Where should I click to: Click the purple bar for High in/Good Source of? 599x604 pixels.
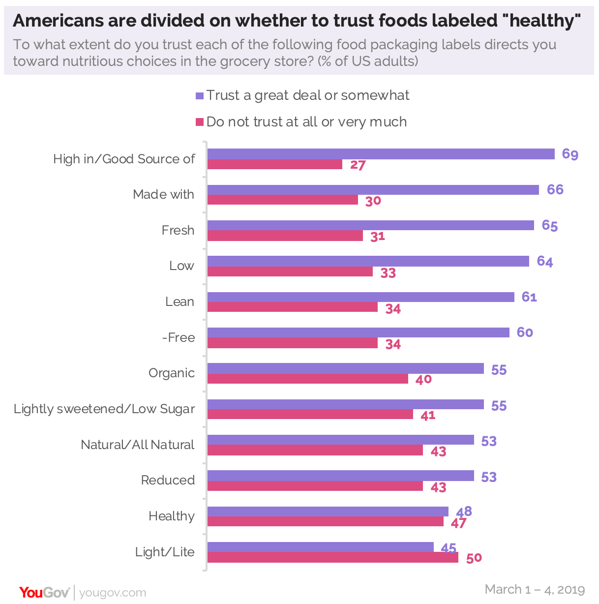coord(381,154)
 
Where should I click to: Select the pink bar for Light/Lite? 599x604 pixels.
coord(332,557)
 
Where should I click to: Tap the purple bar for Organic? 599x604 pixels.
coord(345,368)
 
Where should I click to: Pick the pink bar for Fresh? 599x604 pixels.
coord(285,236)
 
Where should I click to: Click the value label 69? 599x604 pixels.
coord(570,154)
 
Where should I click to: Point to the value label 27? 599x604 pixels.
coord(358,165)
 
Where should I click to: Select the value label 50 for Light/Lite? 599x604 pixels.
coord(474,558)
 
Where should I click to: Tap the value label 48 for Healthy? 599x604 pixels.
coord(464,512)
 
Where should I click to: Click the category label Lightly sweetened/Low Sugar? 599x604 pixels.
coord(104,409)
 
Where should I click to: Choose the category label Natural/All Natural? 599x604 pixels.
coord(138,445)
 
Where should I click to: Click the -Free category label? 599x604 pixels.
coord(179,338)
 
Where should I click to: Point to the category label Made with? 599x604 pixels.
coord(163,195)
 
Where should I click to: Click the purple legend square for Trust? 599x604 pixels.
coord(199,96)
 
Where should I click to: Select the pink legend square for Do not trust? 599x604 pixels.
coord(199,122)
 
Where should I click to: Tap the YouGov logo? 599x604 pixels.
coord(44,593)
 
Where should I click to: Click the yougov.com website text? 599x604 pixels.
coord(113,593)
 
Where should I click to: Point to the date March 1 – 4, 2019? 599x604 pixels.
coord(535,589)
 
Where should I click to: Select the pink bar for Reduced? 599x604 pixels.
coord(315,486)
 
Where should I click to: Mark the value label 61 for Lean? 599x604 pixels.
coord(529,297)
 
